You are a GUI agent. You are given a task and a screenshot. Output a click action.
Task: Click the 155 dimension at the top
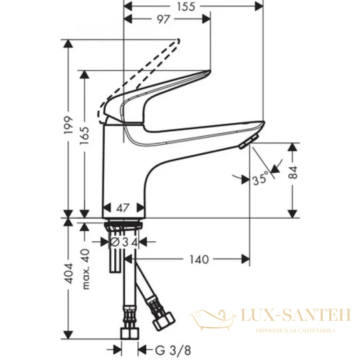tap(186, 6)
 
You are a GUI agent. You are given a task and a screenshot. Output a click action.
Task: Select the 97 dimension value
tap(163, 19)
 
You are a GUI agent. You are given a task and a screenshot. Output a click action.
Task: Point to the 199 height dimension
tap(68, 126)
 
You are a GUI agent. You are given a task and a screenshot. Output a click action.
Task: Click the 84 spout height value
tap(293, 172)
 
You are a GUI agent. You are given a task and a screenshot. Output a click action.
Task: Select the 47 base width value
tap(123, 208)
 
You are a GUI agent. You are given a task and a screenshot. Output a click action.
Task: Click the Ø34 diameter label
tap(124, 242)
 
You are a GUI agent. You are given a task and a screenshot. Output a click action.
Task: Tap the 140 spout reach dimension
tap(199, 260)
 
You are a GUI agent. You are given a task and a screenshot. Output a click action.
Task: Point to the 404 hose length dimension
tap(68, 273)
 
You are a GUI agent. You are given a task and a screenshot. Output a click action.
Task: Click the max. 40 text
tap(85, 269)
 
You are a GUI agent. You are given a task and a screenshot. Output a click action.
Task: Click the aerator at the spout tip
tap(249, 142)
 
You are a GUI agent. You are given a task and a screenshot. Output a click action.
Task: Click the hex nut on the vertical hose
tap(130, 334)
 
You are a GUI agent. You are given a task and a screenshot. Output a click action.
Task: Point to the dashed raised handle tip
tap(178, 41)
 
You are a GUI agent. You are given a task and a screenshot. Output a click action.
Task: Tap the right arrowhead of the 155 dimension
tap(259, 6)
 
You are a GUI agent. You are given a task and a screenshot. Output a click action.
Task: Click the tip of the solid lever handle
tap(209, 71)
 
